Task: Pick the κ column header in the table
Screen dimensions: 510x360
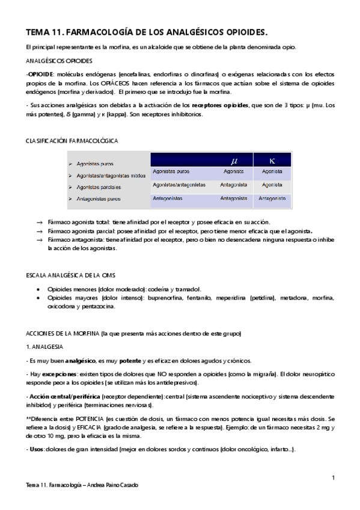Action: pos(272,161)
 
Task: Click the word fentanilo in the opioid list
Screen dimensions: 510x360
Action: pos(191,298)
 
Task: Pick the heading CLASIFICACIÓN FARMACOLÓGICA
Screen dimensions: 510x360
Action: pos(72,140)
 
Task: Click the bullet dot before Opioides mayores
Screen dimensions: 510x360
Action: pos(39,298)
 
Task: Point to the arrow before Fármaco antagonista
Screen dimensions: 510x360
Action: pos(39,239)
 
